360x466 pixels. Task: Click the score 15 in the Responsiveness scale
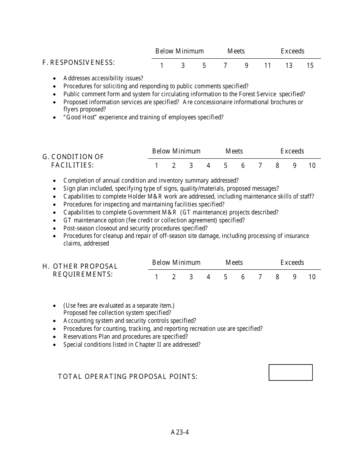tap(310, 66)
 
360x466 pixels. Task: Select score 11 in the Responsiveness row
tap(268, 66)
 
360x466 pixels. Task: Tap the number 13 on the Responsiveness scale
tap(289, 66)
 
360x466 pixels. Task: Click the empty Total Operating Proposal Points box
tap(291, 372)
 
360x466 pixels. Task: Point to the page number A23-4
tap(180, 432)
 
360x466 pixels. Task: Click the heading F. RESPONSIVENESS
tap(78, 62)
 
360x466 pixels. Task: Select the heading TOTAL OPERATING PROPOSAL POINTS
tap(128, 376)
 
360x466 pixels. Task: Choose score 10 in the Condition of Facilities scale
tap(311, 166)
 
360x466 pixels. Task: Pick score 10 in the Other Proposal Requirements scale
tap(311, 277)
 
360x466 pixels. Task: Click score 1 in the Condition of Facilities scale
tap(157, 166)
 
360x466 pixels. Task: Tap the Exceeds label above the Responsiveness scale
tap(292, 51)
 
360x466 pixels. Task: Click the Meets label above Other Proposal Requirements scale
tap(234, 263)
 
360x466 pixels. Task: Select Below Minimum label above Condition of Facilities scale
tap(176, 151)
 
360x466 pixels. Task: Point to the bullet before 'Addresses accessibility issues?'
tap(55, 78)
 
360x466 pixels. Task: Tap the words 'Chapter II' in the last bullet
tap(148, 344)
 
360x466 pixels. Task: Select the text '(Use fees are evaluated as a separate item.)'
tap(119, 305)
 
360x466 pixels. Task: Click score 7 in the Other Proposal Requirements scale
tap(260, 277)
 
